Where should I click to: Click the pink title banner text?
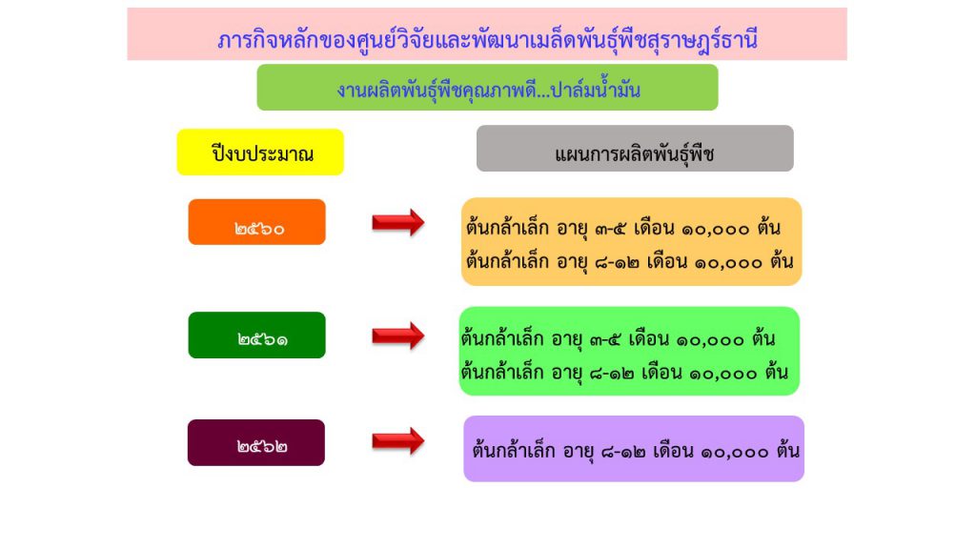point(487,40)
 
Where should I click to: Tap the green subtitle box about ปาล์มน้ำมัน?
point(487,87)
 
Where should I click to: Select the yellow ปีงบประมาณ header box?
point(260,152)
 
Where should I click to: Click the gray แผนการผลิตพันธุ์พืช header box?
point(635,148)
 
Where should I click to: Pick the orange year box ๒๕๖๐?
point(257,221)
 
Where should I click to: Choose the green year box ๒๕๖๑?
point(257,335)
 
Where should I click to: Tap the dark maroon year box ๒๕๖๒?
point(256,442)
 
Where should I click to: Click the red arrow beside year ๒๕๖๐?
point(398,222)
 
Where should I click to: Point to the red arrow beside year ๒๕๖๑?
point(398,336)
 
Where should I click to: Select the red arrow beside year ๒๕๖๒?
point(398,441)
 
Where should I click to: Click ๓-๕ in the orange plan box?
point(610,229)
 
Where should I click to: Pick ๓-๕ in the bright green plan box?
point(605,340)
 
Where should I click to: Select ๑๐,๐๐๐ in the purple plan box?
point(735,452)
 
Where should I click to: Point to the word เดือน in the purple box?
point(673,450)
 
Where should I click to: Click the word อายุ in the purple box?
point(579,451)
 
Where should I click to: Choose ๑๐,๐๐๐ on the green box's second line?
point(722,374)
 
